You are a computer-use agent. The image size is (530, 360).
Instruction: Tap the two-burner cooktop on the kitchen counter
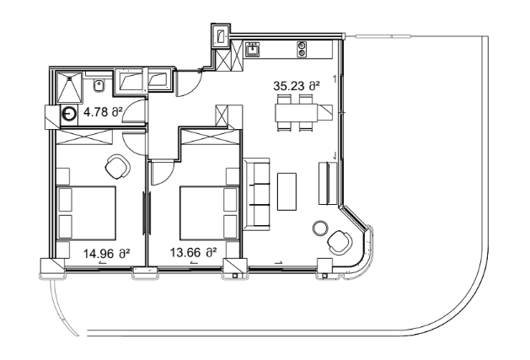tap(301, 51)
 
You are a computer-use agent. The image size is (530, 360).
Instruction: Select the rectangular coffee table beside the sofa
tap(287, 191)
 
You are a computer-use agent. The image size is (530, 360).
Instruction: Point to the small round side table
tap(319, 227)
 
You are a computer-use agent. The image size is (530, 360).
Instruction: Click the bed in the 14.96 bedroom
tap(86, 212)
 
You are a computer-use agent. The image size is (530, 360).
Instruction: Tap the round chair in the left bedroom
tap(118, 165)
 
